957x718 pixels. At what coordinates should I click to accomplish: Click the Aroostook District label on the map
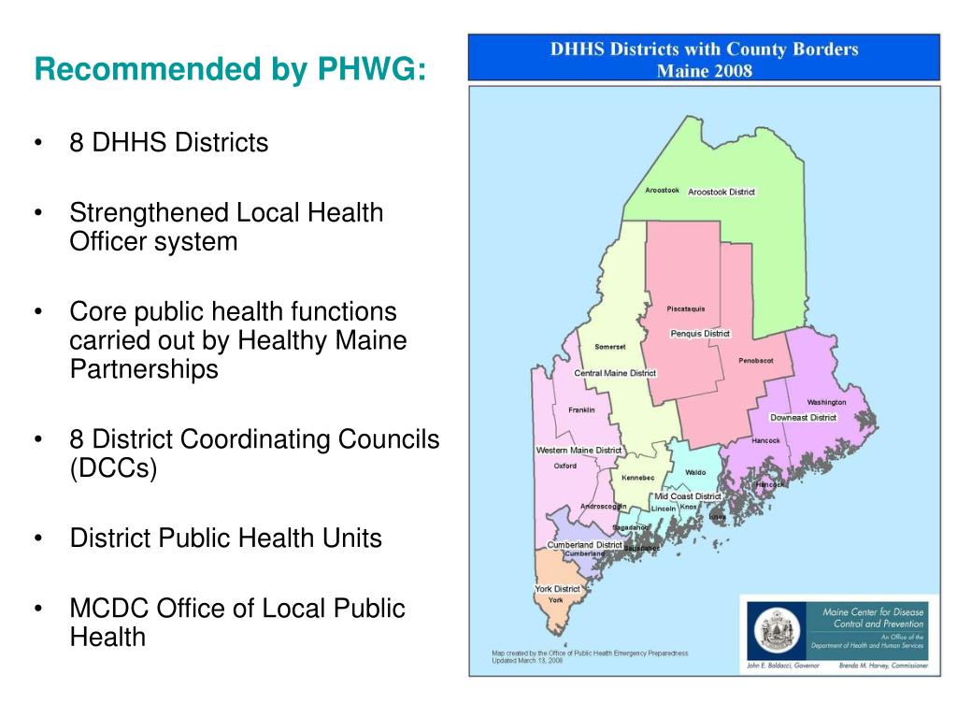pyautogui.click(x=721, y=192)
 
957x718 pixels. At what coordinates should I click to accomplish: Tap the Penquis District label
pyautogui.click(x=700, y=334)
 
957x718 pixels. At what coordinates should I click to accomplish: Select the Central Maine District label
pyautogui.click(x=615, y=373)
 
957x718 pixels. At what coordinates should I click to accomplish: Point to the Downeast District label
pyautogui.click(x=803, y=417)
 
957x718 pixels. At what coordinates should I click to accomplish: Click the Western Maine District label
pyautogui.click(x=578, y=450)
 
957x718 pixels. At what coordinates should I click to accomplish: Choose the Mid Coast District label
pyautogui.click(x=687, y=496)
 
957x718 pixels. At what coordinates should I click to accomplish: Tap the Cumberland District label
pyautogui.click(x=584, y=544)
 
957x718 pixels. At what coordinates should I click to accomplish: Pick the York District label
pyautogui.click(x=558, y=589)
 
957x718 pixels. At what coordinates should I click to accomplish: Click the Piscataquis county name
pyautogui.click(x=686, y=309)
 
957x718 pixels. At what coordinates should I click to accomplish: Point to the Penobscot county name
pyautogui.click(x=756, y=360)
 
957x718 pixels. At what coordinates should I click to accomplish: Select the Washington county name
pyautogui.click(x=826, y=402)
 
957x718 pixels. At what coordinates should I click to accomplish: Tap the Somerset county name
pyautogui.click(x=610, y=347)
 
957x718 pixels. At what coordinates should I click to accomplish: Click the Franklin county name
pyautogui.click(x=581, y=409)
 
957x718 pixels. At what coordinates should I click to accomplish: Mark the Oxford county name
pyautogui.click(x=565, y=466)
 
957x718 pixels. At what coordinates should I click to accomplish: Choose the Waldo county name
pyautogui.click(x=695, y=473)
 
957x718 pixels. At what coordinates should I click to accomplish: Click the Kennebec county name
pyautogui.click(x=638, y=478)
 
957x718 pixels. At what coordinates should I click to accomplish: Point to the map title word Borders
pyautogui.click(x=821, y=50)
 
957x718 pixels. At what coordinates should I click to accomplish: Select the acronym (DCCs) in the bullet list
pyautogui.click(x=113, y=467)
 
